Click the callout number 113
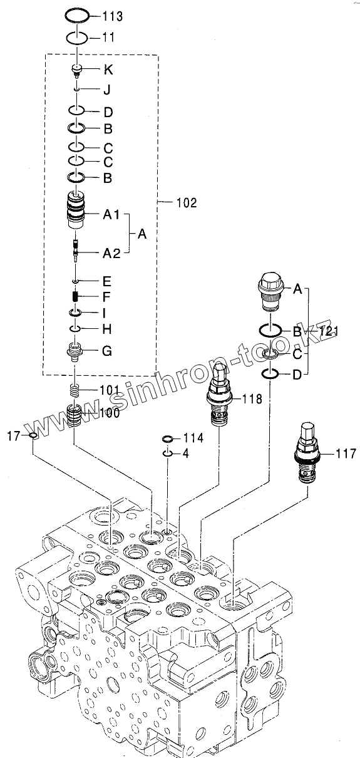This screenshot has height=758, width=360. pyautogui.click(x=112, y=16)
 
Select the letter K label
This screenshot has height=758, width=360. pyautogui.click(x=108, y=70)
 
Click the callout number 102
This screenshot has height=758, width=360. pyautogui.click(x=187, y=203)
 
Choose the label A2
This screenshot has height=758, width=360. pyautogui.click(x=111, y=253)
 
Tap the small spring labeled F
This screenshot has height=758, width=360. pyautogui.click(x=76, y=296)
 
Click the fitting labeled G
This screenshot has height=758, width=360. pyautogui.click(x=75, y=352)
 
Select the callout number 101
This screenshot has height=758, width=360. pyautogui.click(x=110, y=390)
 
